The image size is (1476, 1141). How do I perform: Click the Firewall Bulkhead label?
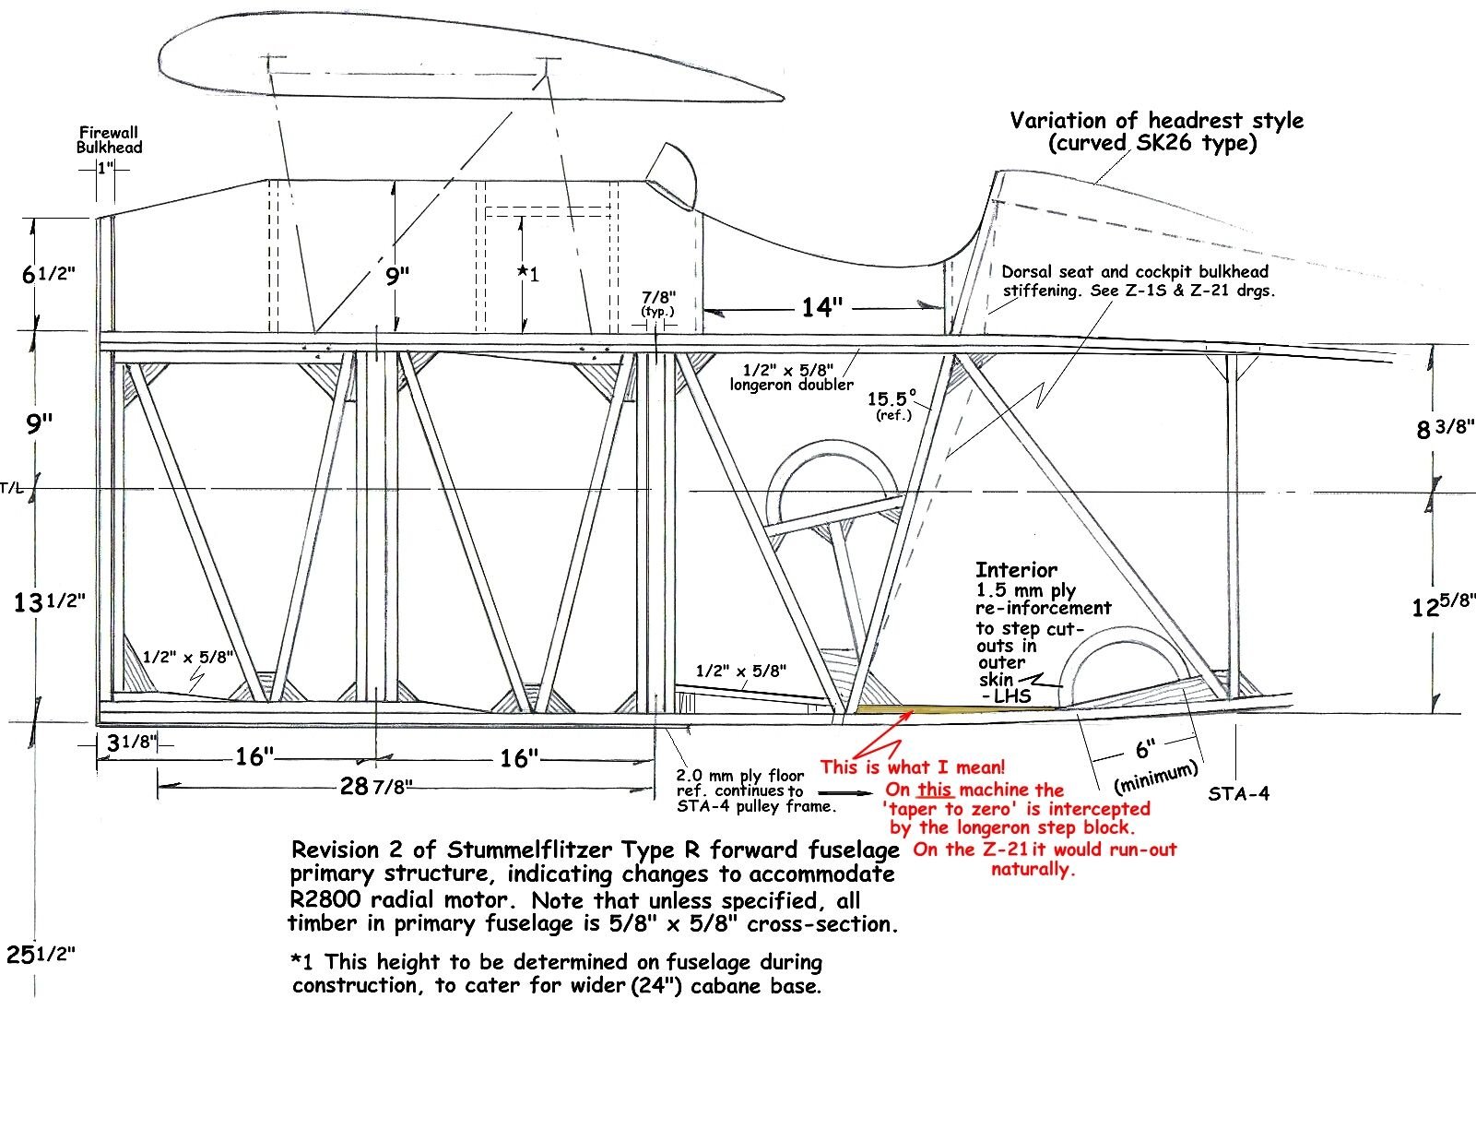[x=110, y=139]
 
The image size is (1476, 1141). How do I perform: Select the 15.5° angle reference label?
[x=892, y=400]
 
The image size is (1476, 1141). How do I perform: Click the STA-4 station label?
[x=1238, y=793]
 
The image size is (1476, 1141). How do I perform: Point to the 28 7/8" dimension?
[x=376, y=786]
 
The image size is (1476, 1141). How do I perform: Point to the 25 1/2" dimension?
[x=40, y=955]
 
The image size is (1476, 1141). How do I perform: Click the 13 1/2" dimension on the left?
[x=49, y=602]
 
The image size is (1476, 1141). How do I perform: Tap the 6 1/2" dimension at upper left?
[x=48, y=274]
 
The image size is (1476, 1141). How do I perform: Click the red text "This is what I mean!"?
[x=912, y=767]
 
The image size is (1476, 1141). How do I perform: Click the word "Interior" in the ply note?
[x=1016, y=570]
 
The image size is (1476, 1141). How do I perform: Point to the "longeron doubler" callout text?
[x=791, y=384]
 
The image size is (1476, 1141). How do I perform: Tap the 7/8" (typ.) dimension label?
[x=658, y=303]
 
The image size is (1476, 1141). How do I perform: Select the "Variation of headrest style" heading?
[x=1156, y=121]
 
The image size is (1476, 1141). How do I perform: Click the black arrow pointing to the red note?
[x=844, y=792]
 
